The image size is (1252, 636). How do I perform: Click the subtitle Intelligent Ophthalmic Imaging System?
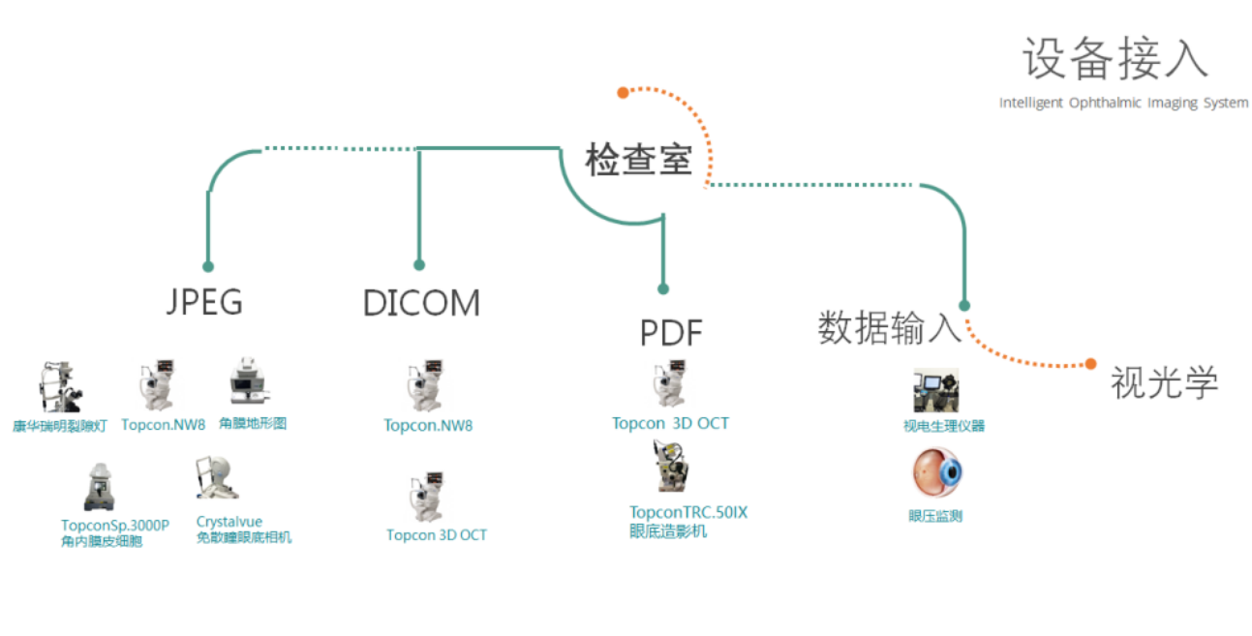[x=1123, y=103]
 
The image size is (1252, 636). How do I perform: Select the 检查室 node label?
[x=638, y=160]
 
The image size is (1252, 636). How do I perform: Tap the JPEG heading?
[x=203, y=302]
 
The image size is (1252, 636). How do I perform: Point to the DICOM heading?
[x=421, y=303]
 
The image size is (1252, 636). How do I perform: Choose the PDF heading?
[x=671, y=333]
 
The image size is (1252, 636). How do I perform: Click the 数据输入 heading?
[x=889, y=327]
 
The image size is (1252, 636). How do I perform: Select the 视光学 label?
[x=1163, y=383]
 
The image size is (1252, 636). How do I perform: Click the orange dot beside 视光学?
[x=1091, y=364]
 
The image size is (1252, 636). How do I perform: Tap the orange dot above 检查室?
[x=624, y=93]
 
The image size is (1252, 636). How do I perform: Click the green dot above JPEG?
[x=208, y=266]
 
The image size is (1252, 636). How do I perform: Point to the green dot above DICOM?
[x=419, y=264]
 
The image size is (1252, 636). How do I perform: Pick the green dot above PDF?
[x=663, y=288]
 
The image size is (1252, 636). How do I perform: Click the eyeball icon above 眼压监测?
[x=936, y=474]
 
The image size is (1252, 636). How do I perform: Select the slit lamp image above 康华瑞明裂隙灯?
[x=60, y=388]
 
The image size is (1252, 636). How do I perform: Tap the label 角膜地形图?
[x=253, y=424]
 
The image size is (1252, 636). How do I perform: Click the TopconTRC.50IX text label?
[x=688, y=512]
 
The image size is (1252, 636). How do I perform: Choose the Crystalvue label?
[x=229, y=522]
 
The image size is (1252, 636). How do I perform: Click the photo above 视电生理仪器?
[x=935, y=390]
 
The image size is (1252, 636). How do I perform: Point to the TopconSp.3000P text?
[x=114, y=526]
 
